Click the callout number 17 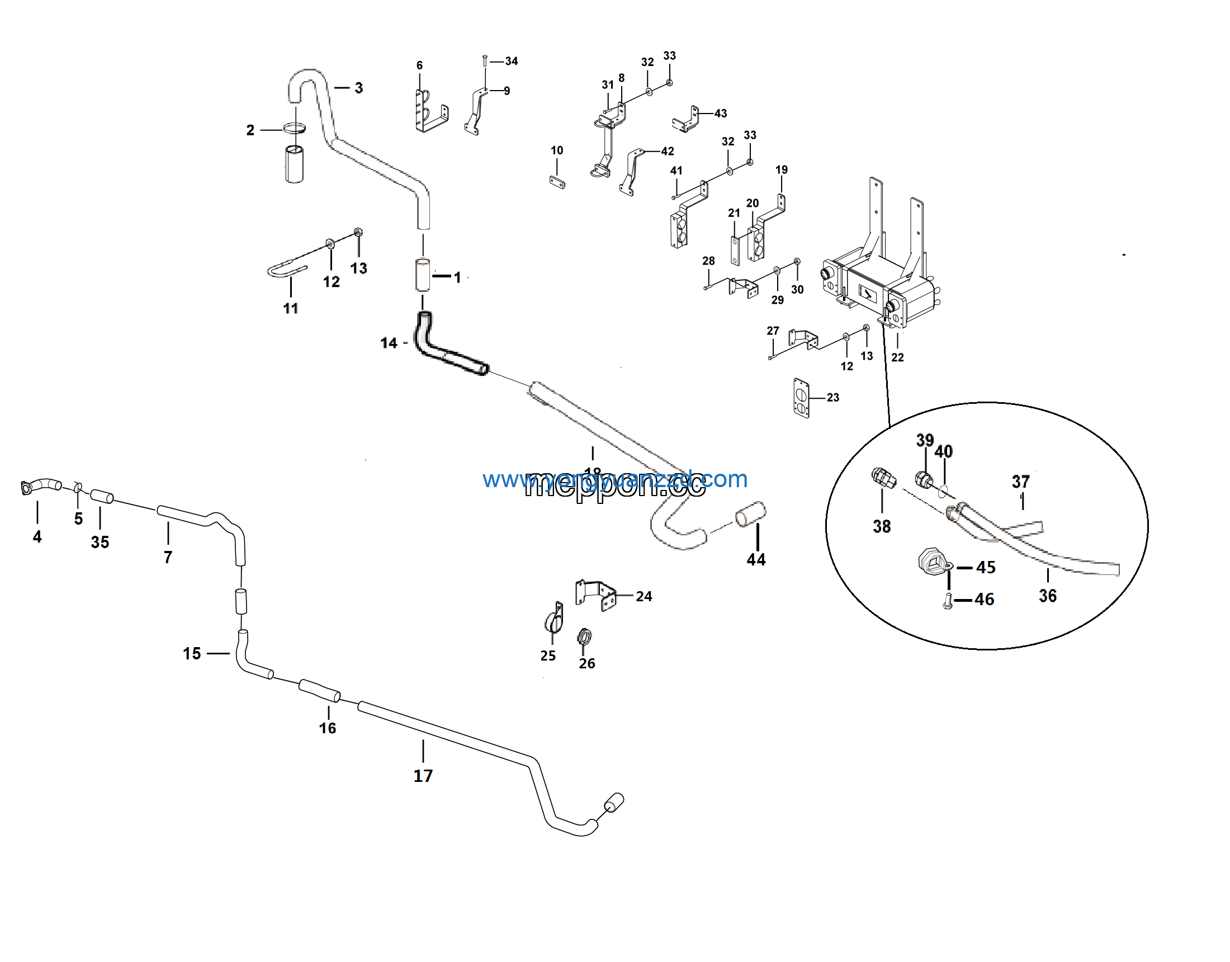click(x=423, y=776)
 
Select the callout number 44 click(x=756, y=560)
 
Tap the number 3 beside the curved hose click(x=359, y=88)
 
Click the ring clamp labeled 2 click(x=295, y=129)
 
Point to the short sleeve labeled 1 click(x=422, y=275)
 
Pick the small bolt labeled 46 click(x=947, y=602)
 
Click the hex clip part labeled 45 click(x=934, y=562)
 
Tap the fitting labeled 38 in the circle click(x=883, y=478)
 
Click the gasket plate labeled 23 click(x=801, y=398)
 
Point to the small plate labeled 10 click(x=557, y=181)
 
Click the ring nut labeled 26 click(x=585, y=638)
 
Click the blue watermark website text click(x=614, y=479)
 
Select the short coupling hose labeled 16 click(x=319, y=691)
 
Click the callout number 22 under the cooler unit click(x=897, y=357)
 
